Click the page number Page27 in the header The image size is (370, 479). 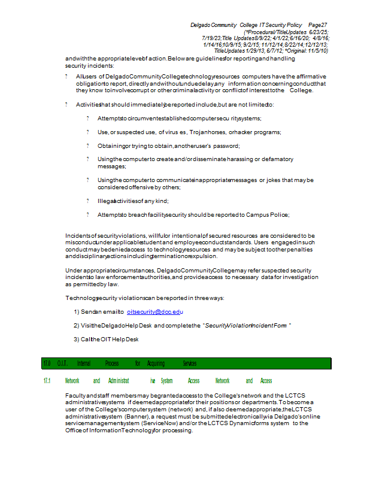point(317,25)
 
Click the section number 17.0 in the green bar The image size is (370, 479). point(47,363)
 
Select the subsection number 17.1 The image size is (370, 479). point(46,381)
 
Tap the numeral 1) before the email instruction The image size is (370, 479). point(77,312)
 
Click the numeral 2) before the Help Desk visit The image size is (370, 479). point(77,325)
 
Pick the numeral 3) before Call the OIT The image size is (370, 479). point(77,339)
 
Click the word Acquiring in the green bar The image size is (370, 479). point(156,363)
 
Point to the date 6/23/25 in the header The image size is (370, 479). point(319,32)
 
